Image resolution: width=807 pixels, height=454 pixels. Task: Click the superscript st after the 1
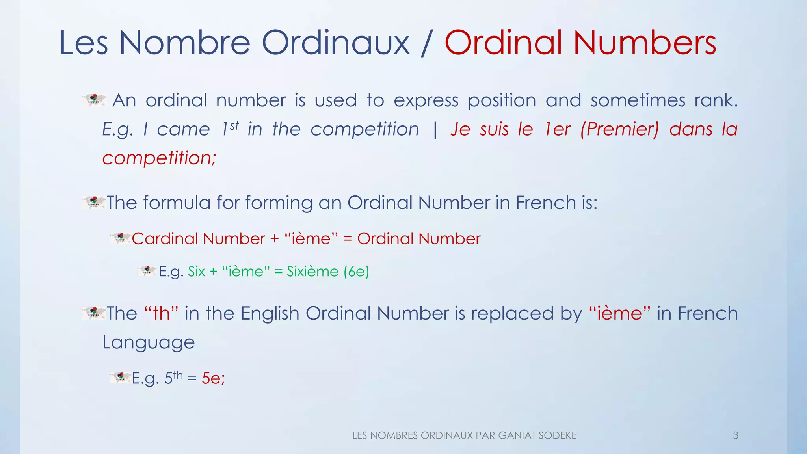[x=234, y=126]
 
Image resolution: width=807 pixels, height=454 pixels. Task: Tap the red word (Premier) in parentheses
[x=619, y=129]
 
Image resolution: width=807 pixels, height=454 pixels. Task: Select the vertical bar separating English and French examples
[x=435, y=129]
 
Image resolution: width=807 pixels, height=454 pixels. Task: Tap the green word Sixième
[x=312, y=272]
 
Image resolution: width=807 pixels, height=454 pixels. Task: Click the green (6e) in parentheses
[x=356, y=272]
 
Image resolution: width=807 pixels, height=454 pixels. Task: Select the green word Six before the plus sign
[x=197, y=272]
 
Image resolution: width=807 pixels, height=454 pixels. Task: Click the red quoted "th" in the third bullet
[x=161, y=313]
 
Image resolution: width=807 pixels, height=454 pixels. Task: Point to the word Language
[x=149, y=342]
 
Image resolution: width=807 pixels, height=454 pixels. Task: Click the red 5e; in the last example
[x=213, y=378]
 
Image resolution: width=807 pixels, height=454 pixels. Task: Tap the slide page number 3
[x=735, y=435]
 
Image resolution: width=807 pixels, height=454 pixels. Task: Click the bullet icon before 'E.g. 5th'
[x=121, y=378]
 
